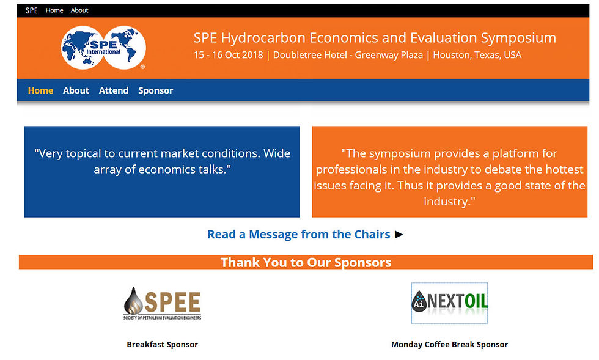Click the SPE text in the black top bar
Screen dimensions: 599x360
click(31, 10)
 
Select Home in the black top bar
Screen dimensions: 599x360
click(54, 10)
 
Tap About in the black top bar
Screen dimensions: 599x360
click(79, 10)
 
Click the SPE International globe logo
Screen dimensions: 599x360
click(103, 48)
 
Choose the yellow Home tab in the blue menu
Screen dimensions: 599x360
click(40, 90)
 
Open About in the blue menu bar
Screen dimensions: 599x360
click(76, 90)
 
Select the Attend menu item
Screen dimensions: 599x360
click(114, 90)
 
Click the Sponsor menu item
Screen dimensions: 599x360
click(155, 90)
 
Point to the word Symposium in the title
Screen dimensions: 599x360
click(518, 39)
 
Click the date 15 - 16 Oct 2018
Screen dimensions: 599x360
click(229, 55)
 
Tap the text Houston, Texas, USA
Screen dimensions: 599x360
click(477, 55)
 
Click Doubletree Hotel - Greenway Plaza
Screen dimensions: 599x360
click(348, 55)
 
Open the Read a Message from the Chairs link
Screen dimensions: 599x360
click(299, 234)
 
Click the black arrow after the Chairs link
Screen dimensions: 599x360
click(399, 234)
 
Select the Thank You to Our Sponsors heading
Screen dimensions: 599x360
click(306, 263)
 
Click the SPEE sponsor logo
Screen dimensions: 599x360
click(163, 303)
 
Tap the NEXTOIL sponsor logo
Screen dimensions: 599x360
click(450, 303)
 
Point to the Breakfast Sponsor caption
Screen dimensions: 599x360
click(163, 344)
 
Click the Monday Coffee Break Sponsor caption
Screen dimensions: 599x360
click(450, 344)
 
